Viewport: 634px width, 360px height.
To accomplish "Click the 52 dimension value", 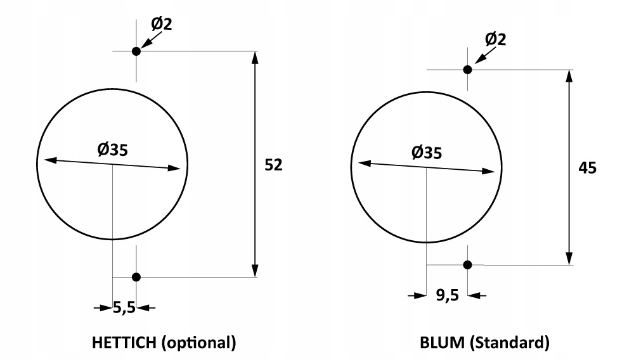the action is [273, 165].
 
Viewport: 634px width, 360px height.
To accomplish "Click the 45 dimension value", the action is [587, 168].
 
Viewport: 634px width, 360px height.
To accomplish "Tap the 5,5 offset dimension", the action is [124, 308].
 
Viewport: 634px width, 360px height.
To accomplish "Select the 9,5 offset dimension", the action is [447, 295].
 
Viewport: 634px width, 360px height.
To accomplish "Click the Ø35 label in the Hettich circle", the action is [112, 150].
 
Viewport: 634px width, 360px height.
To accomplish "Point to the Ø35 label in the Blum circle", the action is [427, 153].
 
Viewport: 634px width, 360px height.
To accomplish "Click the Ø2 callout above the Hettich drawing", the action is [162, 24].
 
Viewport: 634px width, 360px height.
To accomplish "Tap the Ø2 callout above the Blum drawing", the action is [495, 39].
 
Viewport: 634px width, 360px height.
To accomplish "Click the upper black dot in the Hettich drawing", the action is [136, 51].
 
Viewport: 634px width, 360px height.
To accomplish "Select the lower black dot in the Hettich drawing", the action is [136, 277].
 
